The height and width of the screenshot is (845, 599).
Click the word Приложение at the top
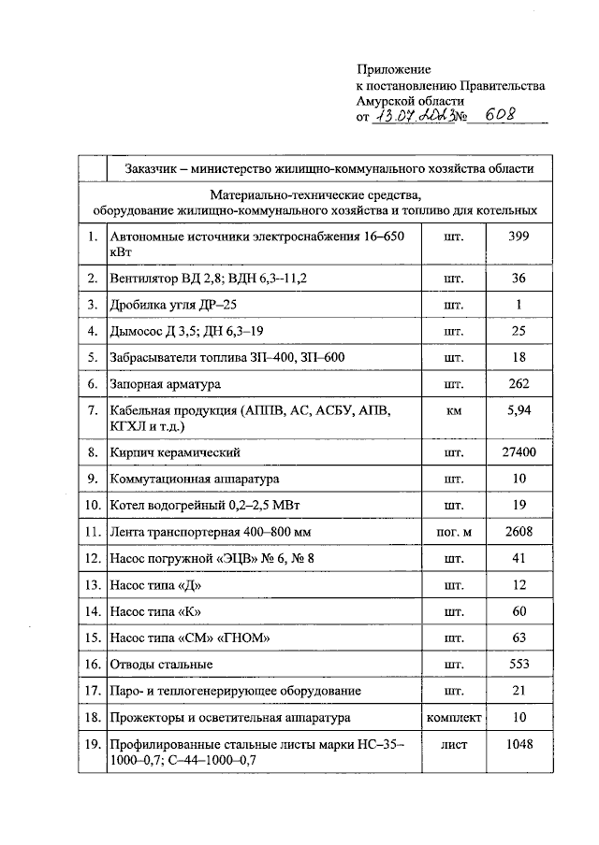tap(394, 70)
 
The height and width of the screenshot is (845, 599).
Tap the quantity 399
tap(518, 237)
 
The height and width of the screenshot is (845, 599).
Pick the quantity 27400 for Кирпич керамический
tap(518, 452)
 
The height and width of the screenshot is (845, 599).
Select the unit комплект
tap(454, 717)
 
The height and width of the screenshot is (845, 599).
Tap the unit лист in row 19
tap(454, 745)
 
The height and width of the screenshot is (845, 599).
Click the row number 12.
tap(92, 559)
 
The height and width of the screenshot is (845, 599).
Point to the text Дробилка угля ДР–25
tap(167, 305)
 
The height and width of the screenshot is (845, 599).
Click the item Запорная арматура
tap(166, 384)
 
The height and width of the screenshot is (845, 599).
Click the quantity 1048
tap(518, 745)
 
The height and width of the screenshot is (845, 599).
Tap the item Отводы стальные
tap(161, 665)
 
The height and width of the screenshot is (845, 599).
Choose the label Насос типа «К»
tap(155, 611)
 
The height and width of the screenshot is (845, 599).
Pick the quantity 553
tap(518, 665)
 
